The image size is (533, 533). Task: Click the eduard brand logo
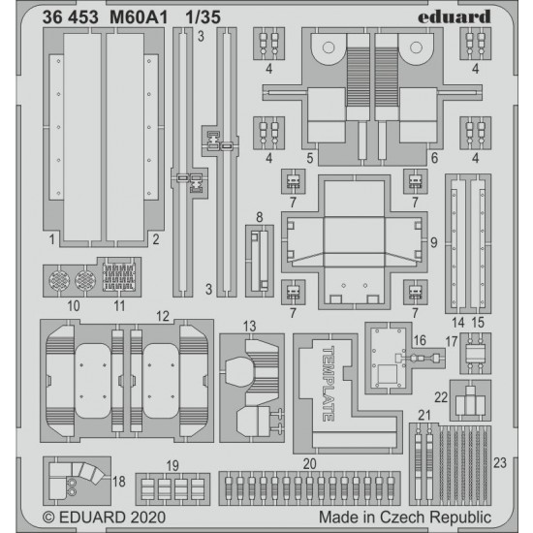pos(455,16)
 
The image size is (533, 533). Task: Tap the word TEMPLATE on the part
pos(328,384)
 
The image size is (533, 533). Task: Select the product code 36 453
pos(71,17)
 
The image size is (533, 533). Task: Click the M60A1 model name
pos(139,17)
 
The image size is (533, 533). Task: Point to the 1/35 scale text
pos(204,17)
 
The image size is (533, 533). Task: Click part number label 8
pos(260,217)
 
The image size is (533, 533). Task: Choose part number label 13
pos(249,327)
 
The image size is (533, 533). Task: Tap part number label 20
pos(310,463)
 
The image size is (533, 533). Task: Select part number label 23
pos(500,462)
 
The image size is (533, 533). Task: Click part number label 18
pos(119,482)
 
